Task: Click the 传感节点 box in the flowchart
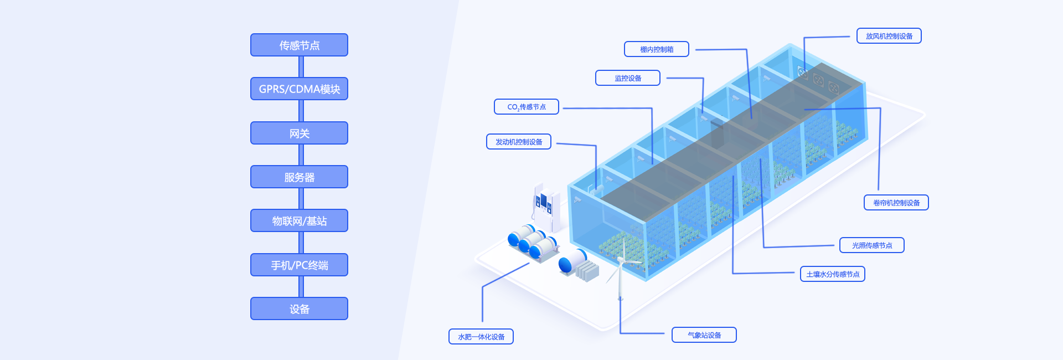coord(299,45)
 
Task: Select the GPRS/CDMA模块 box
coord(299,89)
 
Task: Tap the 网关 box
coord(299,133)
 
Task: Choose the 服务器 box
coord(299,177)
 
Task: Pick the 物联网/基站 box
coord(299,220)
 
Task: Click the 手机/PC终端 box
coord(299,265)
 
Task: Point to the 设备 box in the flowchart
coord(299,308)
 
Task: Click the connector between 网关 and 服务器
coord(301,155)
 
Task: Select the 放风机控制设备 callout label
coord(889,36)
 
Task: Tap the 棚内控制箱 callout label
coord(656,49)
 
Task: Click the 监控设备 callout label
coord(627,78)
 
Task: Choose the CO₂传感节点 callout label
coord(526,106)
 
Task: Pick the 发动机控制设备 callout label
coord(518,142)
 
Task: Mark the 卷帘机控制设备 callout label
coord(896,203)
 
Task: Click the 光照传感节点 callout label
coord(871,245)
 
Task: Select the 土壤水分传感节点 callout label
coord(832,274)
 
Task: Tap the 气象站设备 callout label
coord(704,335)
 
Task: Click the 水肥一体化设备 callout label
coord(481,337)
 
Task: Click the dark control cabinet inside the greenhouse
coord(718,133)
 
